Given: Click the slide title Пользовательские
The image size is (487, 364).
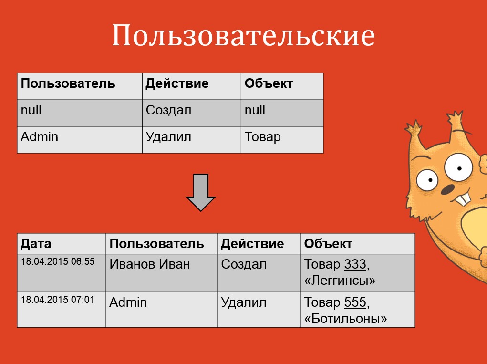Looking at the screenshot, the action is pyautogui.click(x=243, y=35).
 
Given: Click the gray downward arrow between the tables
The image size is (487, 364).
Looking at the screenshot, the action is pyautogui.click(x=201, y=193).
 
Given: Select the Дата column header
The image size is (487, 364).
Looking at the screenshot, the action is pyautogui.click(x=36, y=243).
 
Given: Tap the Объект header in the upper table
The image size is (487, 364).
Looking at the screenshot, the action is pyautogui.click(x=269, y=83).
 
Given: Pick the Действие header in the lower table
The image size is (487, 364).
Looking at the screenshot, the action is pyautogui.click(x=252, y=243).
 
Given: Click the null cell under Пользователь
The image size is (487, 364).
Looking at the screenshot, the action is pyautogui.click(x=31, y=110).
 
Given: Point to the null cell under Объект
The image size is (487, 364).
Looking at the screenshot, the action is pyautogui.click(x=255, y=110).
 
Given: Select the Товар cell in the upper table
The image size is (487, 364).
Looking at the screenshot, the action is pyautogui.click(x=262, y=137).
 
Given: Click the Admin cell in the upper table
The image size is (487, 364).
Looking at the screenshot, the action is pyautogui.click(x=40, y=136).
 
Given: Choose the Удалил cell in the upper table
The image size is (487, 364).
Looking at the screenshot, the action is pyautogui.click(x=168, y=137).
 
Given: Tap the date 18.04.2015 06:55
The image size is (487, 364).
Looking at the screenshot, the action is pyautogui.click(x=58, y=261).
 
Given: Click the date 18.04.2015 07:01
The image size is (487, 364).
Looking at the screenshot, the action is pyautogui.click(x=57, y=300).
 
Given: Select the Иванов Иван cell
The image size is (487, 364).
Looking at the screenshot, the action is pyautogui.click(x=150, y=264).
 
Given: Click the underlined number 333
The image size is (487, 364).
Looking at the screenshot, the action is pyautogui.click(x=355, y=264).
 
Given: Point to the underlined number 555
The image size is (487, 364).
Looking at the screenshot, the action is pyautogui.click(x=355, y=302).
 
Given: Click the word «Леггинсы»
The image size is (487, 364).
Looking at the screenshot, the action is pyautogui.click(x=340, y=281).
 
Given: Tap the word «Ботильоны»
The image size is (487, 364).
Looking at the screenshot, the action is pyautogui.click(x=345, y=319).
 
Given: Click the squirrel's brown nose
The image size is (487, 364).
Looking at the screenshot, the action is pyautogui.click(x=447, y=189).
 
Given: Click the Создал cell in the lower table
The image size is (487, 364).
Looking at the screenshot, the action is pyautogui.click(x=244, y=264).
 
